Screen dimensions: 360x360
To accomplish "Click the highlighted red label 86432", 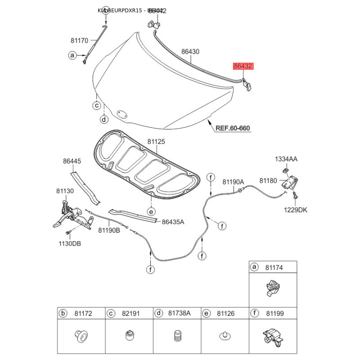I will tap(243, 66).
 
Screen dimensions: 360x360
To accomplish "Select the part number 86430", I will tap(190, 52).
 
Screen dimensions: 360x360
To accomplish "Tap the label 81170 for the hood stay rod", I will tap(79, 40).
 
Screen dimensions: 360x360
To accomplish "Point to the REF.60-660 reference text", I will tap(232, 128).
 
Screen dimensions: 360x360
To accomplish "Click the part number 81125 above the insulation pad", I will tap(156, 141).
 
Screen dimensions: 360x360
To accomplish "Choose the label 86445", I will tap(72, 161).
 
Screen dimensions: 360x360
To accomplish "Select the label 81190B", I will tap(109, 230).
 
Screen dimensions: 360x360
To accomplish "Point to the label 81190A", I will tap(233, 181).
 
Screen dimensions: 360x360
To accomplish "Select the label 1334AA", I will tap(286, 159).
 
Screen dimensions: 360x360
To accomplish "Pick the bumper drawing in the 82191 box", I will tap(129, 335).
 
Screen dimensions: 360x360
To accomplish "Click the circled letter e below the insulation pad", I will tap(151, 211).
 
